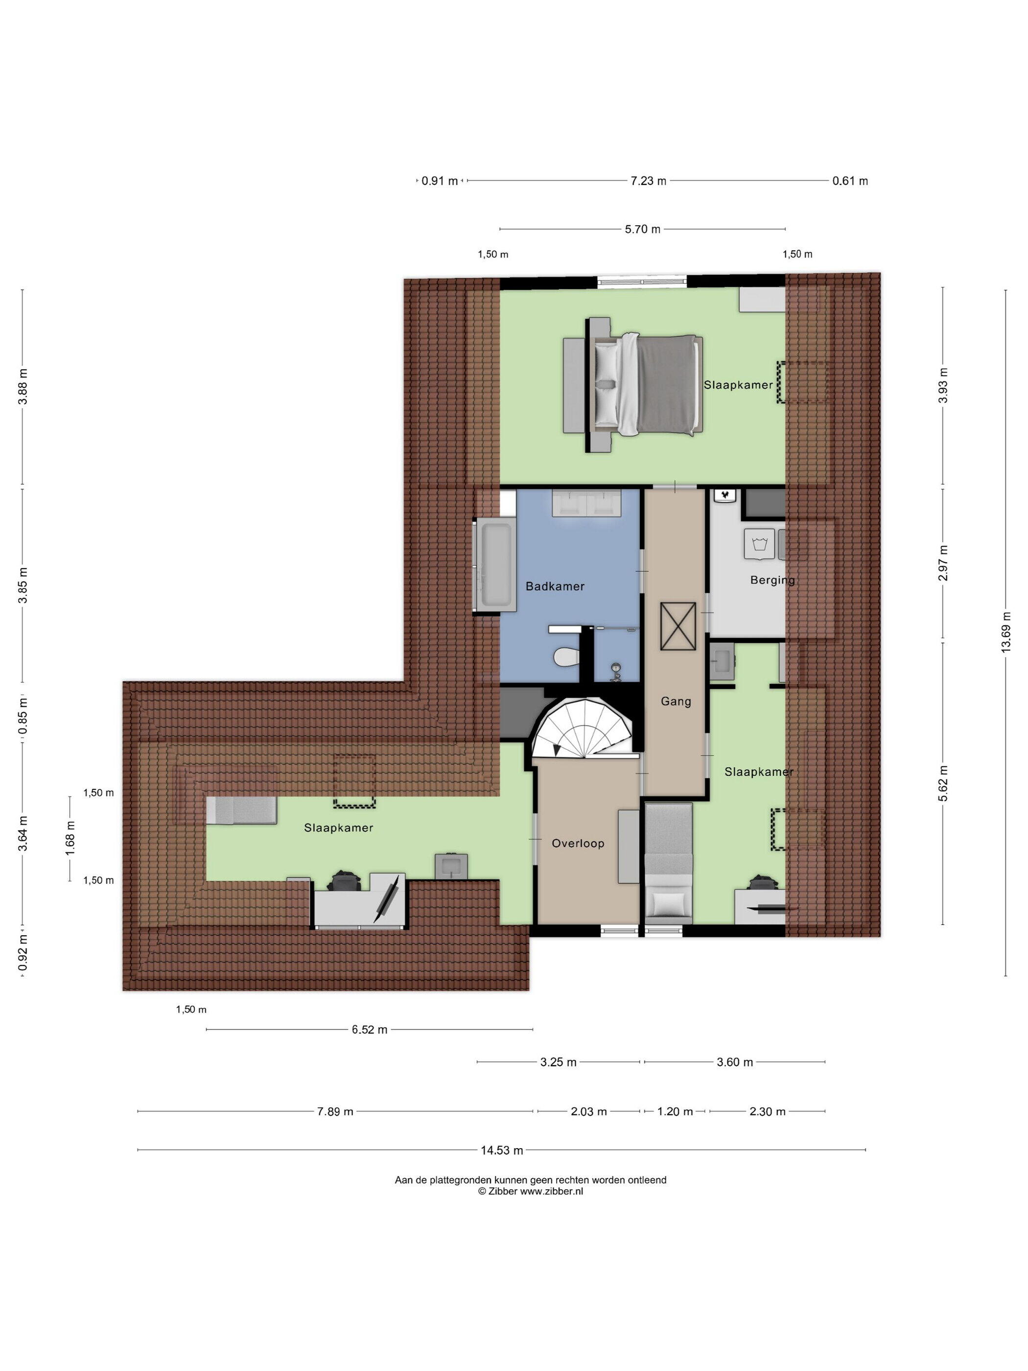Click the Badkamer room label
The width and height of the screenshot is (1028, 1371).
tap(555, 586)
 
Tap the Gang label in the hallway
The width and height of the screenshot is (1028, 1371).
tap(676, 702)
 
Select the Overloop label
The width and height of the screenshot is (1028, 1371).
tap(578, 844)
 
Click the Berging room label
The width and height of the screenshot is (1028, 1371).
tap(772, 580)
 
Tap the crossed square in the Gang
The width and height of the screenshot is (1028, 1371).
tap(678, 627)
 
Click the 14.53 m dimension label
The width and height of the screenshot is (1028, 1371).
tap(501, 1150)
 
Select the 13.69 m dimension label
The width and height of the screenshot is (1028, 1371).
tap(1005, 632)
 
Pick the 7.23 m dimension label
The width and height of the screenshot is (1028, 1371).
tap(648, 181)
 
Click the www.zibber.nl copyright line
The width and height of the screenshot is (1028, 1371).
tap(531, 1191)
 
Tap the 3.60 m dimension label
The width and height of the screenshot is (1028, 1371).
tap(735, 1063)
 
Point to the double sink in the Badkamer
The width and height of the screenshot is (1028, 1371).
tap(586, 503)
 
